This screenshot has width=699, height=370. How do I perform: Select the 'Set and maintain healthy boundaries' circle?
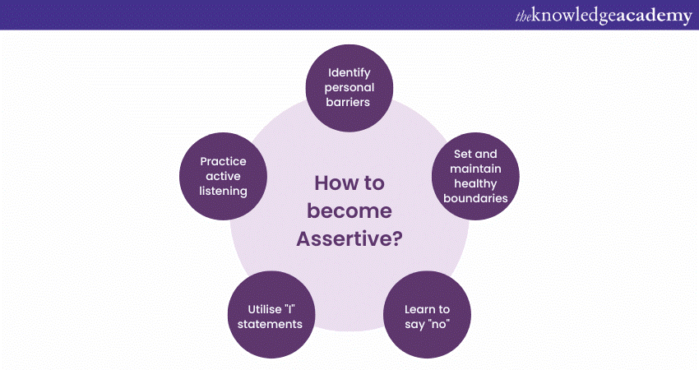(474, 176)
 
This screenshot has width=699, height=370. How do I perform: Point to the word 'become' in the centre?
(349, 210)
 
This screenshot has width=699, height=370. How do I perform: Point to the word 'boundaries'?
(476, 198)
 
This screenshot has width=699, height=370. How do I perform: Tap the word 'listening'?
(223, 192)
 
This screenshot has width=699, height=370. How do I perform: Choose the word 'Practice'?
(223, 161)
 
